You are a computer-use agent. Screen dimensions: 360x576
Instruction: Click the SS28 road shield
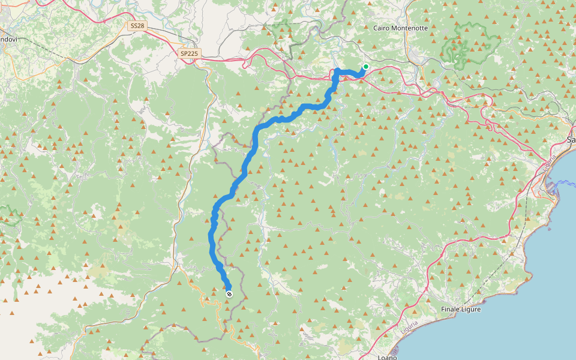coord(136,26)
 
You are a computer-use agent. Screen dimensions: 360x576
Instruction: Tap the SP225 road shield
coord(189,53)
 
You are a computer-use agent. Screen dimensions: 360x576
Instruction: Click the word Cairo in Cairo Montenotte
coord(383,28)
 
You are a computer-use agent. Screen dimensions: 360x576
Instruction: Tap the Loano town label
coord(387,357)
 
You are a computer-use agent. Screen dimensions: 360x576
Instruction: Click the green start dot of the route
coord(365,67)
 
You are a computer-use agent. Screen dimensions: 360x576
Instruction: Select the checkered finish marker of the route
coord(229,293)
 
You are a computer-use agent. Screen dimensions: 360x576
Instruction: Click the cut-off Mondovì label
coord(8,39)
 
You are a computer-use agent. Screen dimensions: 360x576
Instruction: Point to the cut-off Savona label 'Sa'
coord(571,139)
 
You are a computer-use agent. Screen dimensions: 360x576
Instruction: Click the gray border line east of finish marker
coord(242,282)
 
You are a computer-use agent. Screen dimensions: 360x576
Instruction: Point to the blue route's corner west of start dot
coord(337,72)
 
